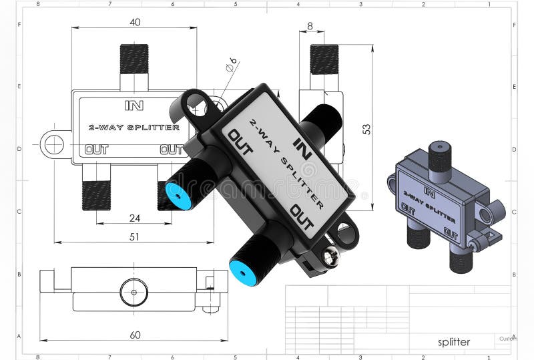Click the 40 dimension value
click(135, 22)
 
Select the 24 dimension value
click(134, 217)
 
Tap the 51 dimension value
click(134, 236)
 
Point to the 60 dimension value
click(135, 335)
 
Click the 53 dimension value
click(366, 129)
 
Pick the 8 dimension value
click(310, 26)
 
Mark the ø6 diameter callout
click(231, 65)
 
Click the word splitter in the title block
click(454, 342)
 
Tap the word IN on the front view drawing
click(134, 105)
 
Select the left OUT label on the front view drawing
click(97, 150)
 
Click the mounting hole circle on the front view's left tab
click(53, 144)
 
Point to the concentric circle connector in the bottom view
click(133, 292)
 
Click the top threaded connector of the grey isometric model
click(439, 158)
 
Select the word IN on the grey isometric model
click(430, 193)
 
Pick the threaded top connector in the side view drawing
click(324, 59)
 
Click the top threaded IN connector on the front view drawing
click(133, 59)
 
